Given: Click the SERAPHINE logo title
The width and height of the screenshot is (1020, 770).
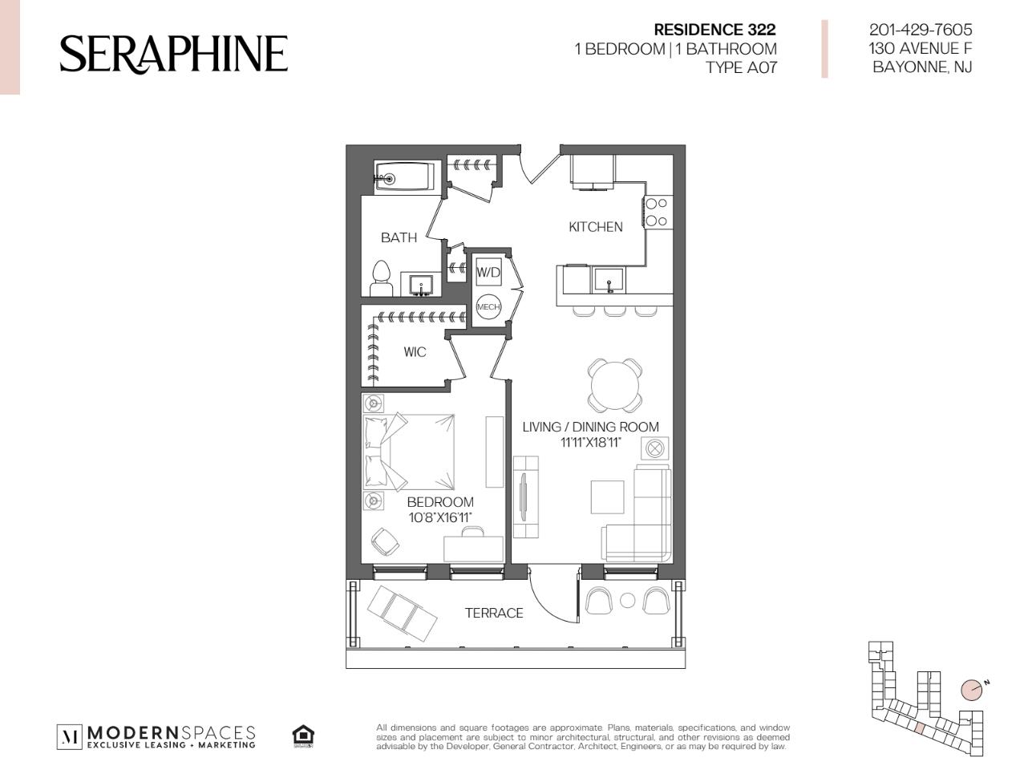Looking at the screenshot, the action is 173,54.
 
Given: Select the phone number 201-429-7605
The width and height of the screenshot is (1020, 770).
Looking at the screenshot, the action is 920,30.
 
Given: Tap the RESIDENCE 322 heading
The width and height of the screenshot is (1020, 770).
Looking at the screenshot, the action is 714,30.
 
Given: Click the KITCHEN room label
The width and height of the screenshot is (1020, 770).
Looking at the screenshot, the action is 595,227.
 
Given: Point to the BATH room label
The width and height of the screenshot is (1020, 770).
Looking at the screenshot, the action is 399,237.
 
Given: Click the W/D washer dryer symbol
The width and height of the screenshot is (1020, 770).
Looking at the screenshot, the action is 488,273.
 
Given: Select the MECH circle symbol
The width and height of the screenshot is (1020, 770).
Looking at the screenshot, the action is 488,306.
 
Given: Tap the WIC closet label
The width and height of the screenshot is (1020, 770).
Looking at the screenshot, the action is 415,352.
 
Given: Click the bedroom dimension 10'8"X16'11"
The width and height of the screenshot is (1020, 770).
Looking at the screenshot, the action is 440,517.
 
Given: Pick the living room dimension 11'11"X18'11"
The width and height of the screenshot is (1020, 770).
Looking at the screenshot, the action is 590,442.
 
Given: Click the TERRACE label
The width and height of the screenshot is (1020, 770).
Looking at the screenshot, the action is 494,613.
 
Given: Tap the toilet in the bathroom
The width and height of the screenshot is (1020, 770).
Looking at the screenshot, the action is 381,278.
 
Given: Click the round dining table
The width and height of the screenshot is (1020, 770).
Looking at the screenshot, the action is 615,385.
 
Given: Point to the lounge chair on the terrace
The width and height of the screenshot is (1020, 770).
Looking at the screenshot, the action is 403,614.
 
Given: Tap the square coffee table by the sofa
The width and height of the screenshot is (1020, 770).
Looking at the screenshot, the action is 607,496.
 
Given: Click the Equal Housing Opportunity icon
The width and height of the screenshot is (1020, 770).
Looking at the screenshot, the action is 303,736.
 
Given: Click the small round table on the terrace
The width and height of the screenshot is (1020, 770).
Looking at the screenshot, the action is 627,601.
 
